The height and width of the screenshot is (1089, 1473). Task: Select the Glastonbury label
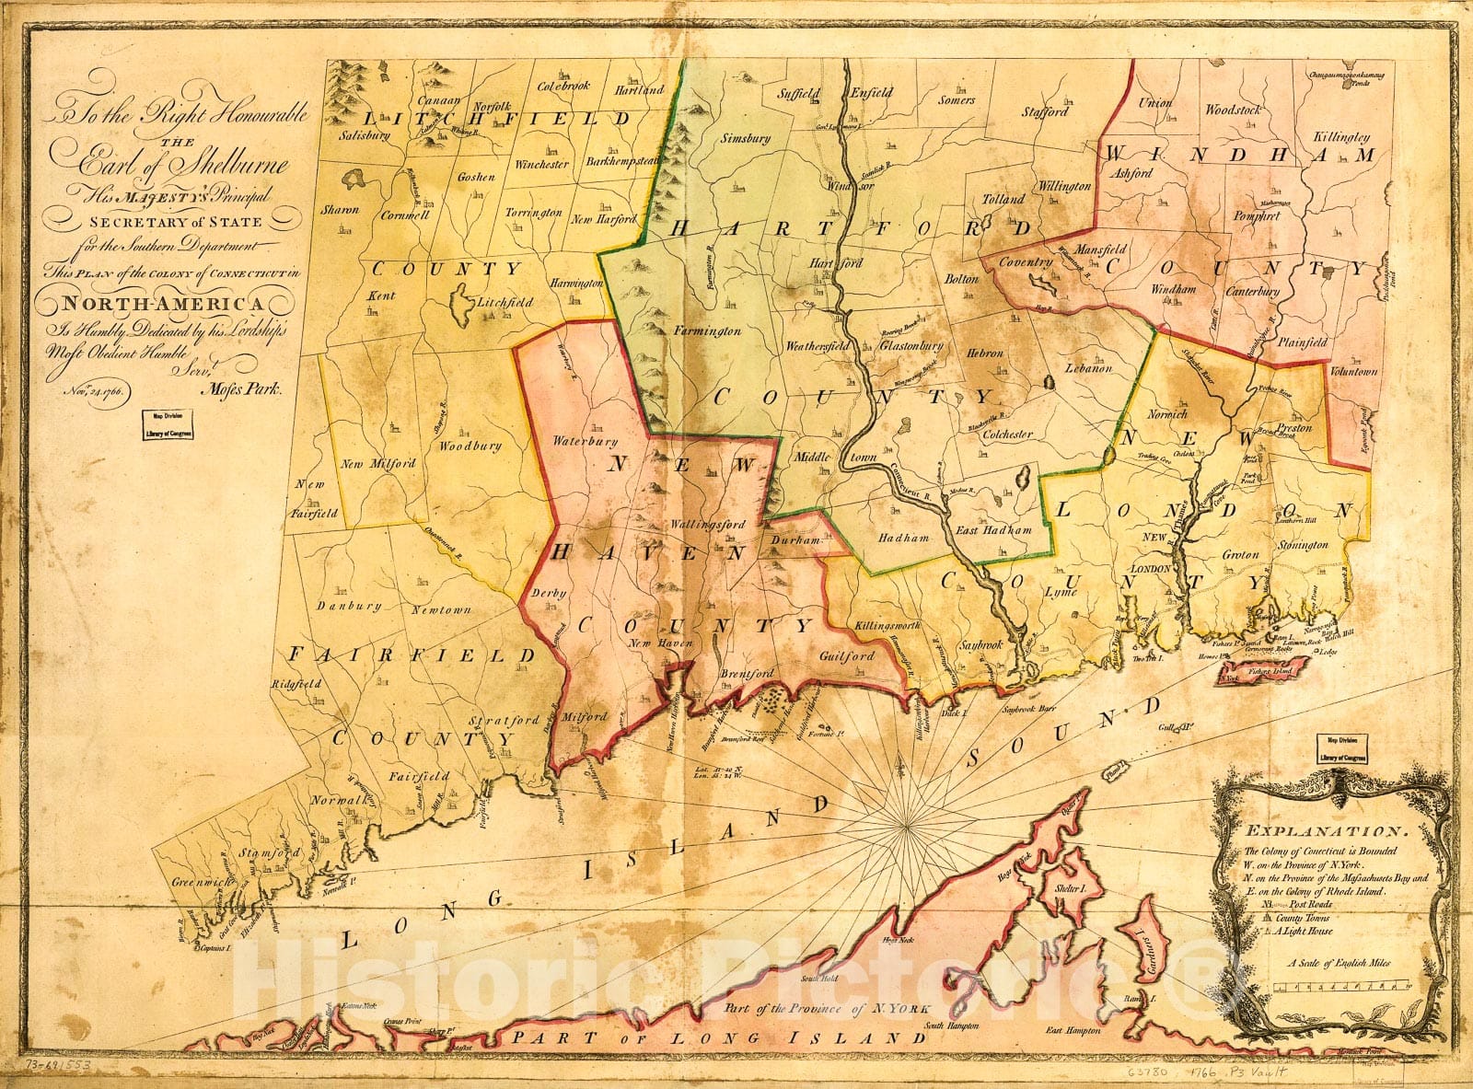tap(911, 346)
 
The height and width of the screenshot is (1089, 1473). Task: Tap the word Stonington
tap(1302, 545)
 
